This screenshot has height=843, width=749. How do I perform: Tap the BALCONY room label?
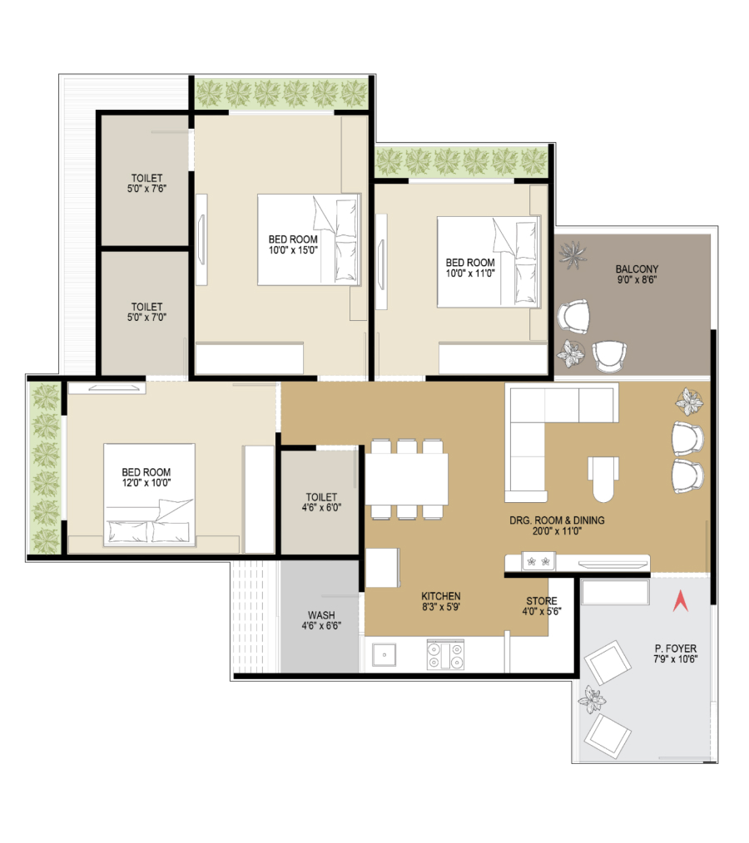(x=637, y=269)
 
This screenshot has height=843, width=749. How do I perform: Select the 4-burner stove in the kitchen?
(x=445, y=655)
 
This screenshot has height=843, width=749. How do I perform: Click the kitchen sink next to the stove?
(x=384, y=655)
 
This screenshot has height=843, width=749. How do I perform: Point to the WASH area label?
(x=321, y=615)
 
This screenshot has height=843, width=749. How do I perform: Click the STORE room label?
(x=542, y=601)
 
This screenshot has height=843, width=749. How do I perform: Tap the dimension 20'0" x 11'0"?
(x=557, y=531)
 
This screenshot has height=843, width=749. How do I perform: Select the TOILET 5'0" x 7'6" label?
(x=147, y=184)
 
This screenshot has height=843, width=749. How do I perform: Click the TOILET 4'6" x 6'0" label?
(x=321, y=502)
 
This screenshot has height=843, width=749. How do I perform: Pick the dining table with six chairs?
(x=407, y=480)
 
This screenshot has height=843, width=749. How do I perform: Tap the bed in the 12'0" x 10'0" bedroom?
(x=149, y=495)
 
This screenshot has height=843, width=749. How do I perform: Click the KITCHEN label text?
(x=441, y=596)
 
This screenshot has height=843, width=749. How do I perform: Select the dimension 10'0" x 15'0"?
(x=293, y=250)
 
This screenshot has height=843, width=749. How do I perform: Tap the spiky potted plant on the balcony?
(x=573, y=254)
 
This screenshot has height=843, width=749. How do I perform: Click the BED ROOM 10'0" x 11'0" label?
(x=470, y=268)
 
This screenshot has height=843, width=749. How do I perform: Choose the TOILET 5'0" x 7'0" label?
(x=147, y=313)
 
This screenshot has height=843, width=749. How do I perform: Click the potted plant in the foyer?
(x=592, y=699)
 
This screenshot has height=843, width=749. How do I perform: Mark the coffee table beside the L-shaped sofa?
(x=603, y=479)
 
